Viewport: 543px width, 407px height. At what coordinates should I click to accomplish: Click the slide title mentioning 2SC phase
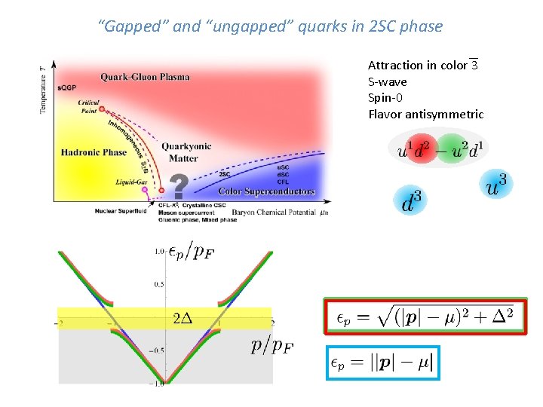coord(271,27)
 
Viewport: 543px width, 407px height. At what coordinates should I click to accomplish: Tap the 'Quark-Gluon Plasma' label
coord(145,77)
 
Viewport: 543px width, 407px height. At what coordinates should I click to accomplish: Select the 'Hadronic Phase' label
coord(94,152)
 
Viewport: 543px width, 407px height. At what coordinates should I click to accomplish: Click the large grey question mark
coord(179,186)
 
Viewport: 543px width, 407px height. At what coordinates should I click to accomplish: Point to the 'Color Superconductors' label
coord(266,191)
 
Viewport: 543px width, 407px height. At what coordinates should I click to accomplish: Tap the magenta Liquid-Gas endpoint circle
coord(146,191)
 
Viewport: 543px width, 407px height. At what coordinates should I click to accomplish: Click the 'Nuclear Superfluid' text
coord(121,210)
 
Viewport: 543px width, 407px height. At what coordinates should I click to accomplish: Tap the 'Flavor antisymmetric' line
coord(425,115)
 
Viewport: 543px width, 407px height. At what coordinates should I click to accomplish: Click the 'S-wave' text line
coord(387,81)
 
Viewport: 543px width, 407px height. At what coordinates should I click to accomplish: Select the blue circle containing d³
coord(409,200)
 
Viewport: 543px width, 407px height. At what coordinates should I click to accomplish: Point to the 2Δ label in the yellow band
coord(183,317)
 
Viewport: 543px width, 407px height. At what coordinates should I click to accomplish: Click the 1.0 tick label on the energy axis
coord(159,251)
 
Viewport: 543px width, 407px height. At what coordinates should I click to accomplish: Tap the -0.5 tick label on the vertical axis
coord(156,350)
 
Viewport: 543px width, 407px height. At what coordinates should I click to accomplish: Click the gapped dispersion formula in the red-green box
coord(425,316)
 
